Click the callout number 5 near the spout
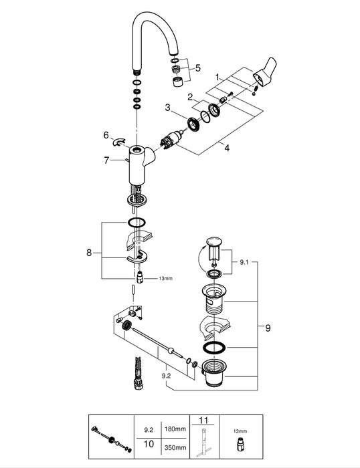[198, 68]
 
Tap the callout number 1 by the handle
[218, 78]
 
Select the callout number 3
[167, 108]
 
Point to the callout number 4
[227, 148]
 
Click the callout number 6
[106, 135]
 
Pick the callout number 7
[106, 160]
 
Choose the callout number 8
[89, 253]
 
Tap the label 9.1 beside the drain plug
[244, 262]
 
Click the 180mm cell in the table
[175, 429]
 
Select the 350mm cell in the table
[175, 447]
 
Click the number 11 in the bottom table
[203, 421]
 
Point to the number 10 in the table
[149, 444]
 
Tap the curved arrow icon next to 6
[119, 142]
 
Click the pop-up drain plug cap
[214, 241]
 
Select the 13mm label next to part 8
[165, 279]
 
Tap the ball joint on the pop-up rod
[171, 350]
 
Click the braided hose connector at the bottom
[138, 373]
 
